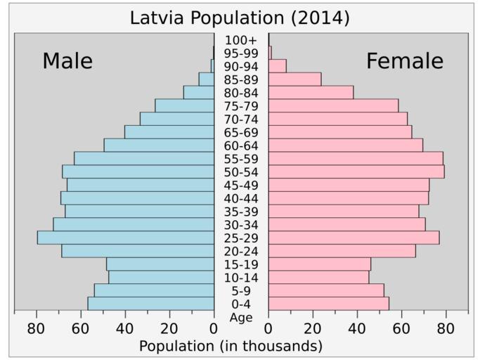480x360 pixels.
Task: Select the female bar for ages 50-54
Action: point(356,172)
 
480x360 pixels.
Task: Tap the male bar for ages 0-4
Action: point(150,304)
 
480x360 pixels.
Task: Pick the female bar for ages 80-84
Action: point(311,92)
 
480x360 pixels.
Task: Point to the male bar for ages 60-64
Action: point(159,146)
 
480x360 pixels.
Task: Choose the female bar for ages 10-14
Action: point(318,278)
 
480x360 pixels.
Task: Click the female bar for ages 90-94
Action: point(277,66)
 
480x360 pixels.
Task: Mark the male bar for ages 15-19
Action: point(160,264)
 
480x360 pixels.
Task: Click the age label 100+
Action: point(241,40)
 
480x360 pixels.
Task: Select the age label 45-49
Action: point(241,186)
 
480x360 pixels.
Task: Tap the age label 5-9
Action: point(241,291)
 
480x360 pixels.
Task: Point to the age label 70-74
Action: point(241,120)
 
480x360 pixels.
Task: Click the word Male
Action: point(67,61)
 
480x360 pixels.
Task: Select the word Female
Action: point(405,61)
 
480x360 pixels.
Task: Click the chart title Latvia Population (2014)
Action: point(240,18)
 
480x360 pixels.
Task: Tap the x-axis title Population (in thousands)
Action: point(231,346)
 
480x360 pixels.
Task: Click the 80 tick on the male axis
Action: point(36,328)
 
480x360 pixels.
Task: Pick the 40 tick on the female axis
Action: point(357,328)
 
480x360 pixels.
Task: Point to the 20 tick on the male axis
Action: point(169,328)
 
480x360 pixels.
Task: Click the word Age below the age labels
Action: point(241,318)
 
